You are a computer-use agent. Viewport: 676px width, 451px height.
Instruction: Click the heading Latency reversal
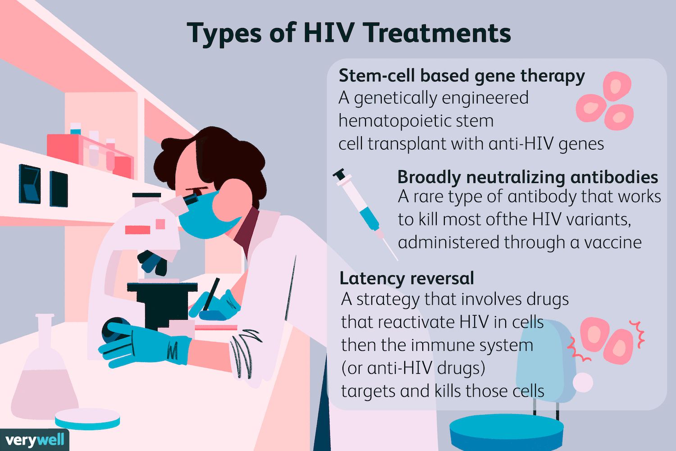pyautogui.click(x=407, y=278)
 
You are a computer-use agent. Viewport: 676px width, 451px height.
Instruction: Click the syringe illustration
pyautogui.click(x=365, y=214)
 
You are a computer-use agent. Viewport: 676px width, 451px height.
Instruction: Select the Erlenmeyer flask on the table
pyautogui.click(x=45, y=367)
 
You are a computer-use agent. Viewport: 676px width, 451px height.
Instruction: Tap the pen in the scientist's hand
pyautogui.click(x=211, y=294)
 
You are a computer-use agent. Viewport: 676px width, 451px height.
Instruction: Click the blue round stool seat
pyautogui.click(x=507, y=433)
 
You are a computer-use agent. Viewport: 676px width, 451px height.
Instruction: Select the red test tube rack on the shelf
pyautogui.click(x=90, y=155)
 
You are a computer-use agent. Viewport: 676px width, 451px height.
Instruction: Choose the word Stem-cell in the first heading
pyautogui.click(x=377, y=75)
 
